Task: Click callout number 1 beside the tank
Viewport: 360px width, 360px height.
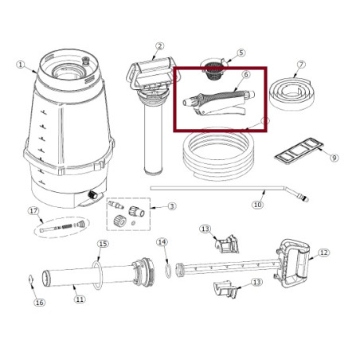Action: coord(21,65)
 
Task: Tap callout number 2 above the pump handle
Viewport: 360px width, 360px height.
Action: coord(159,46)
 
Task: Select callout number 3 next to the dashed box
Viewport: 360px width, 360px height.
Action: coord(172,206)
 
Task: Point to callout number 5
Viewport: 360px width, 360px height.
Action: coord(241,53)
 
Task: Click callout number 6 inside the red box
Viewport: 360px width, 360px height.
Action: coord(246,75)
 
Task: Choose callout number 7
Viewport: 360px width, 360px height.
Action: coord(301,65)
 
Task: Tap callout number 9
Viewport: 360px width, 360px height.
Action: coord(335,158)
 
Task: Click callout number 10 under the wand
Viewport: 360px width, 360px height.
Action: coord(257,205)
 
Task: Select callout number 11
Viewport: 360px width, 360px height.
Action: coord(80,299)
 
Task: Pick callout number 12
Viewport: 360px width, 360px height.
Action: coord(323,252)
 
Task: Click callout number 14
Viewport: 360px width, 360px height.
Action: coord(162,242)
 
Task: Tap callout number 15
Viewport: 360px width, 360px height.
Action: coord(103,244)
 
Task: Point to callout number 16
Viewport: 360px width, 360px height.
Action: coord(39,303)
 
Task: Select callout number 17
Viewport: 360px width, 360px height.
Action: coord(33,211)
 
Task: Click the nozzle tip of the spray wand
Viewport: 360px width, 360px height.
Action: coord(307,198)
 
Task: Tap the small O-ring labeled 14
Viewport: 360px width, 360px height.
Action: coord(168,271)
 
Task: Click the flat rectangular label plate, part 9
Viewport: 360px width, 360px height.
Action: coord(299,151)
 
